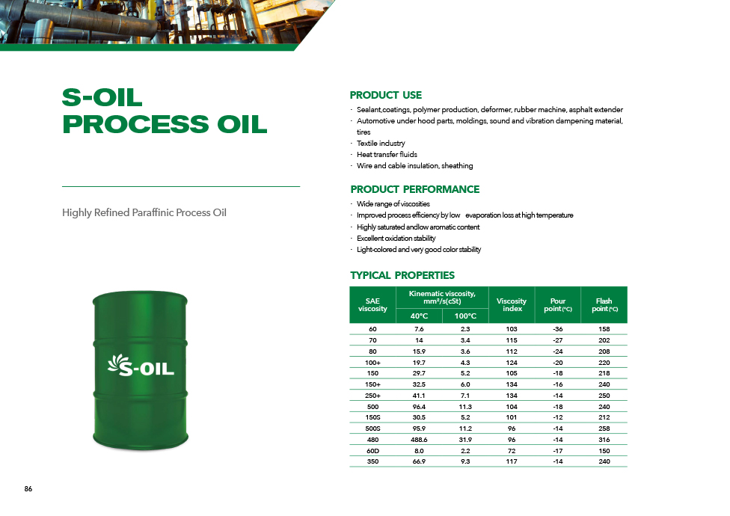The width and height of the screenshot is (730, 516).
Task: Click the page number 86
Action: [28, 488]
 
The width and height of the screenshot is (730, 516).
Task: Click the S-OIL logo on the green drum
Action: [141, 365]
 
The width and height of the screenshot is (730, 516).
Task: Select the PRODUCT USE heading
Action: [385, 95]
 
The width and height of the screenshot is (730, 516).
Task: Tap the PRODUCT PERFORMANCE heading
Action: [415, 189]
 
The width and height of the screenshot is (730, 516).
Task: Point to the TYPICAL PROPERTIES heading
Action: [402, 275]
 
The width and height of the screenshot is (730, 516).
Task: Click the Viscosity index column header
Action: [512, 305]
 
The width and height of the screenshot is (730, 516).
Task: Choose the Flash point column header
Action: [604, 305]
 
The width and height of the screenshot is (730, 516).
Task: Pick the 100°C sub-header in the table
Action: [465, 316]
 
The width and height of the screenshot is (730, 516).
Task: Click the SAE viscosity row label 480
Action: [373, 440]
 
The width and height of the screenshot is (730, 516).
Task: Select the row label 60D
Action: [373, 451]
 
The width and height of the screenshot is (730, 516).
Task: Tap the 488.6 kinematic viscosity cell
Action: [419, 440]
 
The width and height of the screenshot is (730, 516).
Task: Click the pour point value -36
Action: [558, 329]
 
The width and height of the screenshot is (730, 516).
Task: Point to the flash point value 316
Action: [604, 440]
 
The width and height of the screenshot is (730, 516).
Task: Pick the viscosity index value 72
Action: [512, 451]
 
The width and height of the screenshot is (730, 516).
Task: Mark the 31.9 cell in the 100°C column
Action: [465, 440]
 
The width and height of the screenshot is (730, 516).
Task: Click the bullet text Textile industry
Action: [381, 144]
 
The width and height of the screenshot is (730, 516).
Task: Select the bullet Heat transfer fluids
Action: [387, 155]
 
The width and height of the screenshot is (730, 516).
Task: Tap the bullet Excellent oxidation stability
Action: [396, 239]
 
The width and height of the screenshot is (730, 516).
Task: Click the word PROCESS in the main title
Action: [135, 124]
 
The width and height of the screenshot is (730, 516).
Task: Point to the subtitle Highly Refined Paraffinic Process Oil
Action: [144, 212]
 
